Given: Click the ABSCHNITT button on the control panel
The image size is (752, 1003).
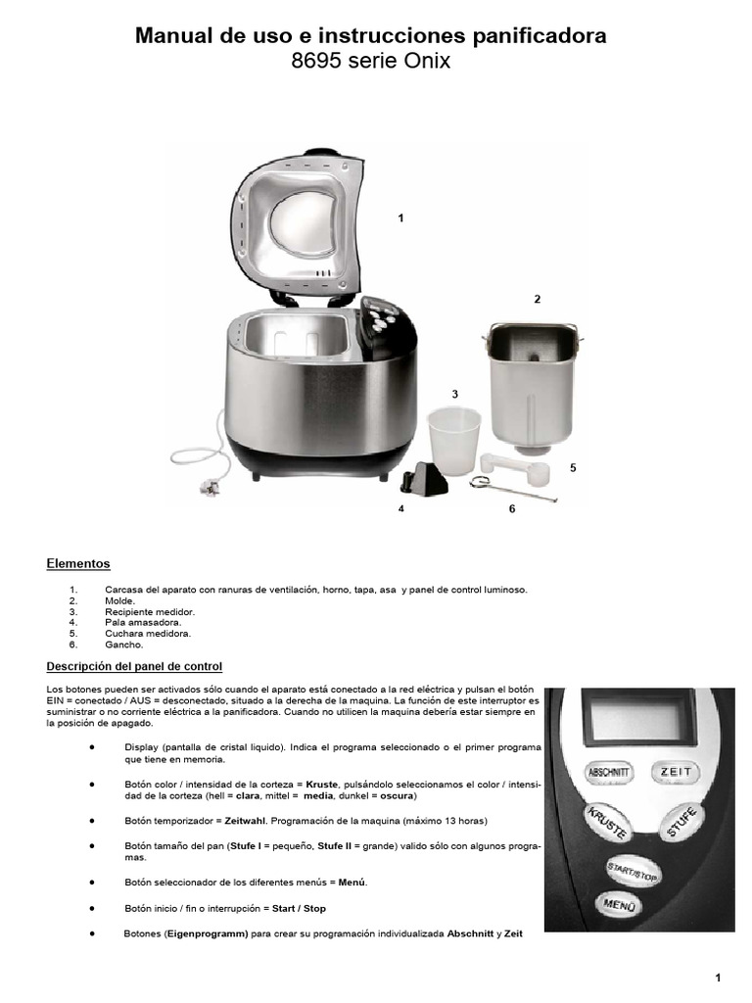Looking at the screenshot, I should point(610,773).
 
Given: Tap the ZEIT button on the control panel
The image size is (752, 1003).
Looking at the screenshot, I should point(676,772).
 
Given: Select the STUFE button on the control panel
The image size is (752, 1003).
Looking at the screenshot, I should point(682,821).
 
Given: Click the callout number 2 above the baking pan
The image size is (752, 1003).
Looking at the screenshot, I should point(537,299).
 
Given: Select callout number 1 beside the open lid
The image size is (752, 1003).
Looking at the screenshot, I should point(400,217).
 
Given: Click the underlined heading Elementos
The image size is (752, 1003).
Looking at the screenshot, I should point(78,564).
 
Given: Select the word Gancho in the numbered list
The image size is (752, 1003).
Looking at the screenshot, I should point(123,645).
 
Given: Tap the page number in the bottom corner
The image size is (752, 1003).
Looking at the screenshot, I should point(718,977).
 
